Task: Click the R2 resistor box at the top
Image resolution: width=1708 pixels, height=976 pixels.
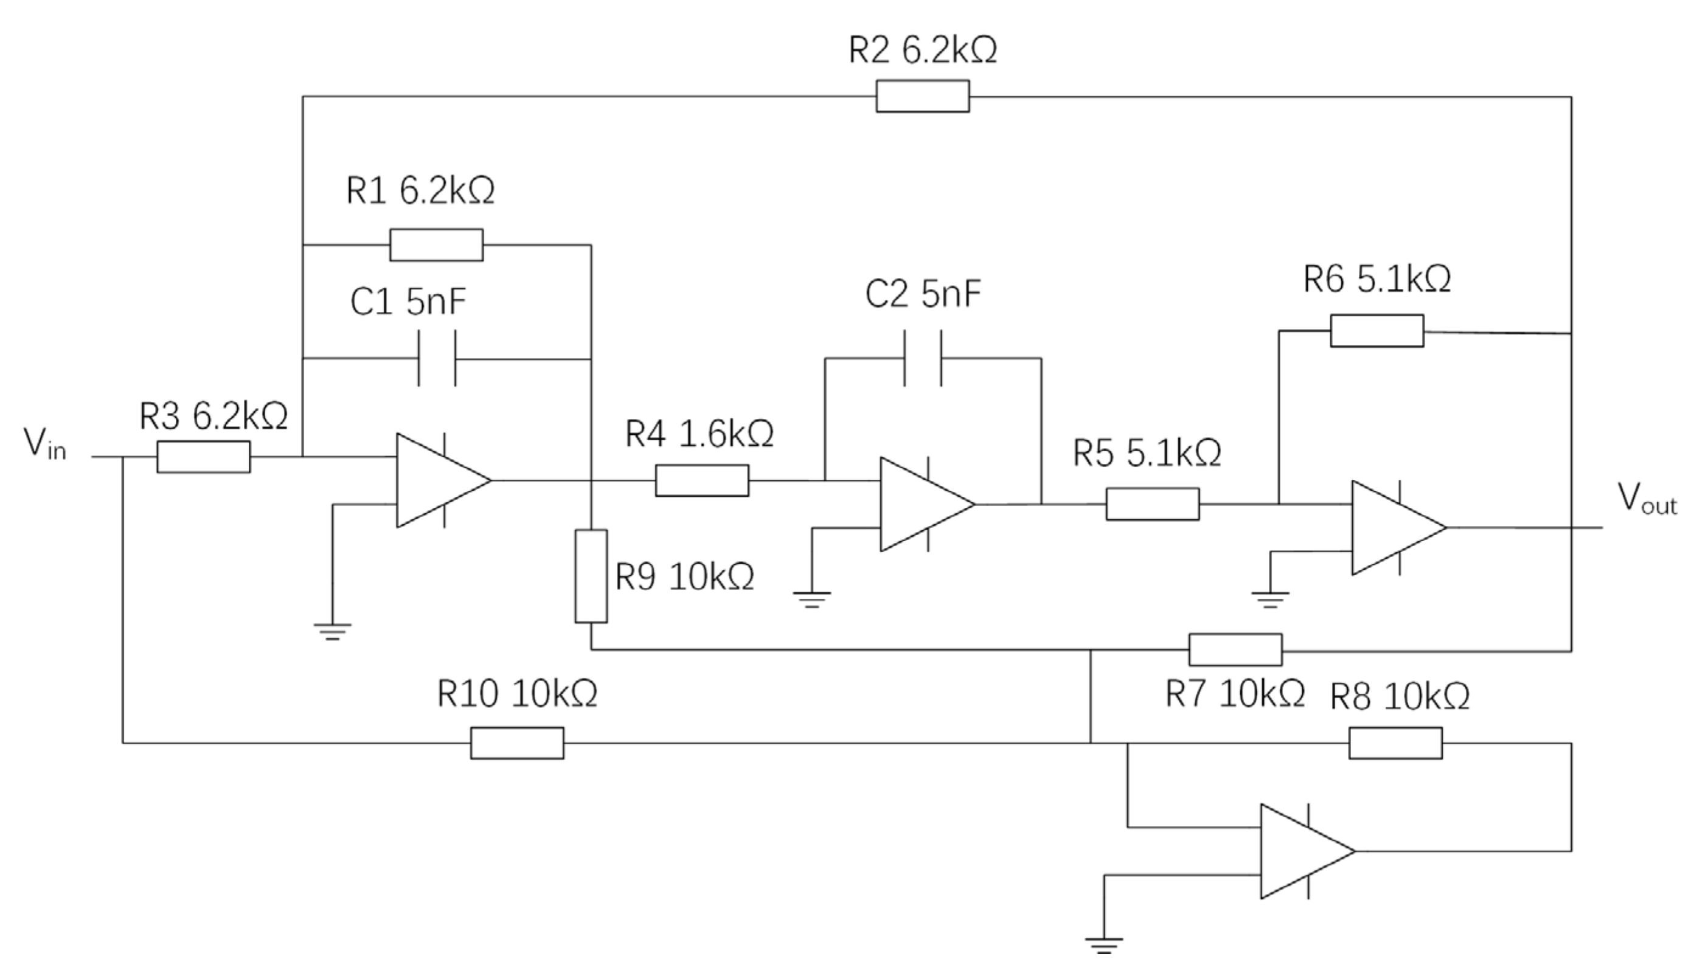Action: [922, 96]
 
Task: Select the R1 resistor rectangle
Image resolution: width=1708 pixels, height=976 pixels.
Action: [436, 244]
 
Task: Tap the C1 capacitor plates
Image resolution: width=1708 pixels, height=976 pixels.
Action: [437, 359]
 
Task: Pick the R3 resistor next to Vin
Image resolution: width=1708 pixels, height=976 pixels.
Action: [204, 457]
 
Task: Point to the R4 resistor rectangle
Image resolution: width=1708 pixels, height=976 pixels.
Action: [702, 480]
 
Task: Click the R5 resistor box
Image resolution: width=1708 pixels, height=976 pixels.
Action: [1152, 504]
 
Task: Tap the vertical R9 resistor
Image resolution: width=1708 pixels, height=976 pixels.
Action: [591, 576]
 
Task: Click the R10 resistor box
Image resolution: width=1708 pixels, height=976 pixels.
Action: [517, 742]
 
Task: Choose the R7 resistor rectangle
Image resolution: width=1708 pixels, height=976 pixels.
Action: [1235, 649]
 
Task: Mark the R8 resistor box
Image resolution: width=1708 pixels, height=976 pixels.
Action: [1395, 742]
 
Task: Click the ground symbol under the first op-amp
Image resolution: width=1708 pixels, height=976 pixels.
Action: [333, 631]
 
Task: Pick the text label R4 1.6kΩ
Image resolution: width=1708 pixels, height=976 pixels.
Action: [699, 434]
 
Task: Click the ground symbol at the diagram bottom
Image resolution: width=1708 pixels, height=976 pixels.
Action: [1104, 944]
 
